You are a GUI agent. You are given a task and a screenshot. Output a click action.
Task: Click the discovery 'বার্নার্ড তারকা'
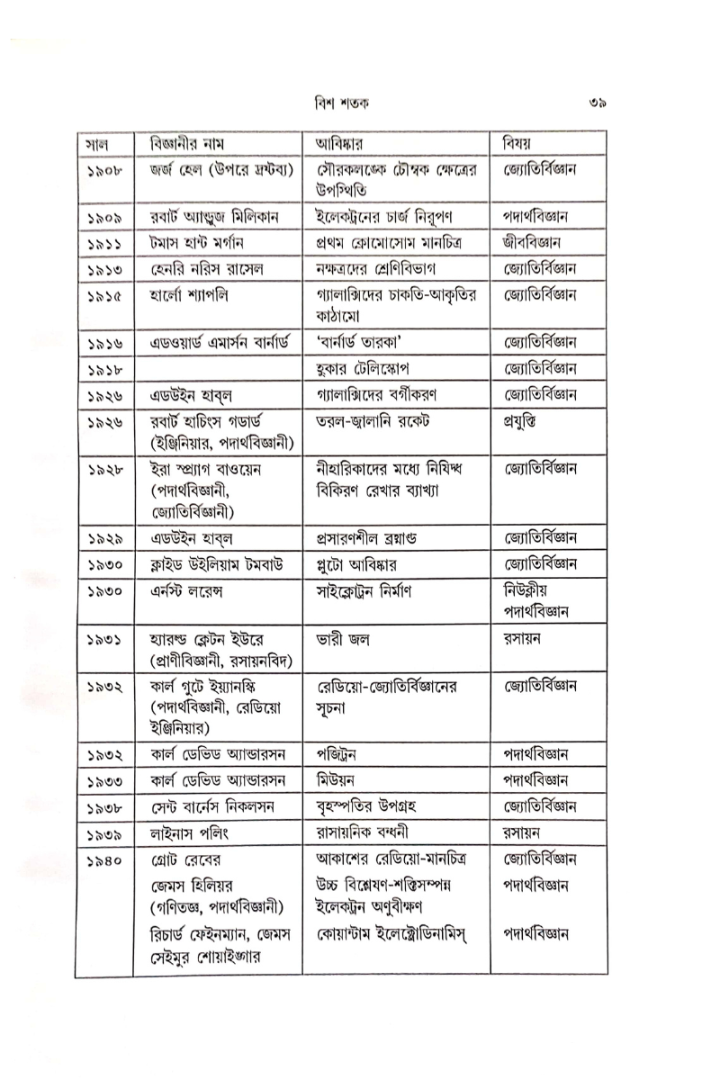click(x=363, y=343)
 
